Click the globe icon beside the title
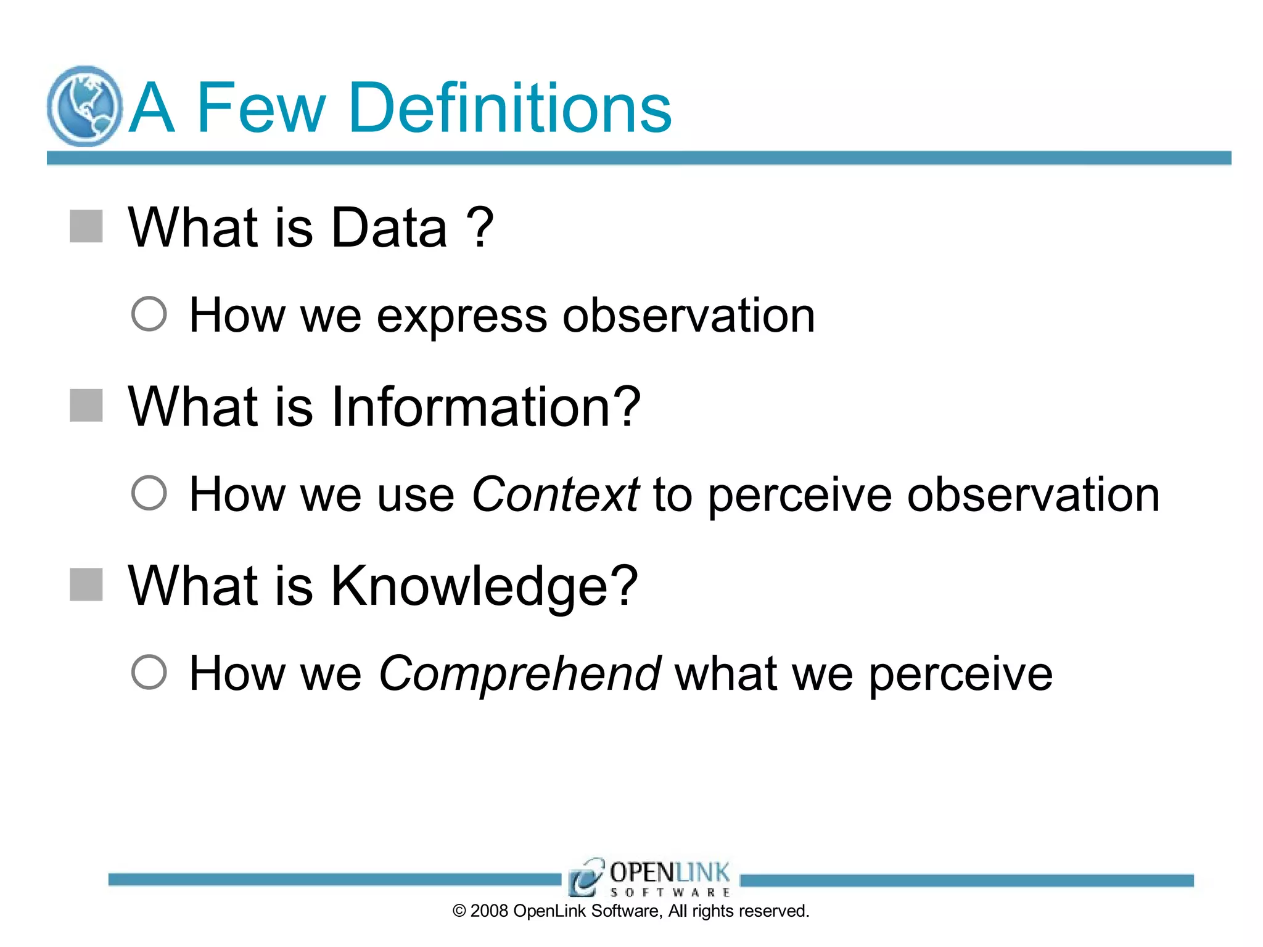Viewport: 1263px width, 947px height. point(84,106)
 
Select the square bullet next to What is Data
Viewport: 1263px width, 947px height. point(86,226)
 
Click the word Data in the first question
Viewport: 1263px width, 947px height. point(389,228)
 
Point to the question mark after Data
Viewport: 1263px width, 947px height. point(480,227)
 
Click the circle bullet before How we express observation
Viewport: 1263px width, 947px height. point(149,314)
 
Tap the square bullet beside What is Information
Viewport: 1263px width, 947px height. point(86,406)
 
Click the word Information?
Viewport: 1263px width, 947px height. point(486,407)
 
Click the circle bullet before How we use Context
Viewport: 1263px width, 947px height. point(149,493)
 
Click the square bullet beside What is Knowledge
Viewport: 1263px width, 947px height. point(86,584)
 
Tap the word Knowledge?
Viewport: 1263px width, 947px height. point(484,587)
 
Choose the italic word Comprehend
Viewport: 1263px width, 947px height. point(519,674)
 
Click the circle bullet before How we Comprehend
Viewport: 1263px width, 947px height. point(149,672)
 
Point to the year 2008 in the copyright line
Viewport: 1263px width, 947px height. point(488,911)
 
